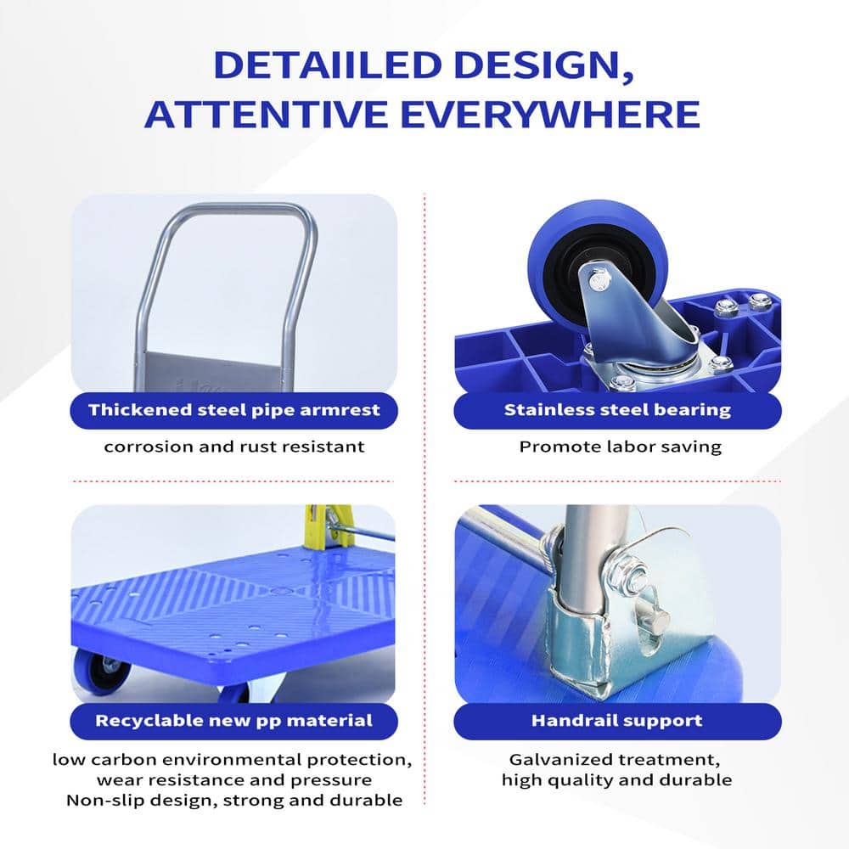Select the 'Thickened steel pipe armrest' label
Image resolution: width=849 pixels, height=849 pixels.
[234, 410]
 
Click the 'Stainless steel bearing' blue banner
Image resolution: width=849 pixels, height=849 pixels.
[617, 410]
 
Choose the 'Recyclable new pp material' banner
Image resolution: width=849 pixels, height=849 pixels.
[234, 721]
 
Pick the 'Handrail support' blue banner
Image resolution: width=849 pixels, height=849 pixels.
[617, 721]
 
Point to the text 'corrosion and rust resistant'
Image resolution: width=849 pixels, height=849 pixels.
[234, 447]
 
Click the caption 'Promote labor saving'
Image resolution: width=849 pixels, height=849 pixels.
[621, 447]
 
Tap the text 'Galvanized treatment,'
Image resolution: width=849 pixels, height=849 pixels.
[615, 760]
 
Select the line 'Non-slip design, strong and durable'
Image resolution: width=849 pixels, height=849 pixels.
[234, 801]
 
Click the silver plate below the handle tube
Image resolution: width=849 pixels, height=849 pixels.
[213, 373]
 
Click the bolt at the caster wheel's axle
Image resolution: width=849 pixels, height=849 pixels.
[599, 280]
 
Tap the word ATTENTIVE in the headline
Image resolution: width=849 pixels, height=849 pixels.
[267, 115]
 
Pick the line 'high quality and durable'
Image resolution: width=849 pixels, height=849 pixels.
[616, 780]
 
